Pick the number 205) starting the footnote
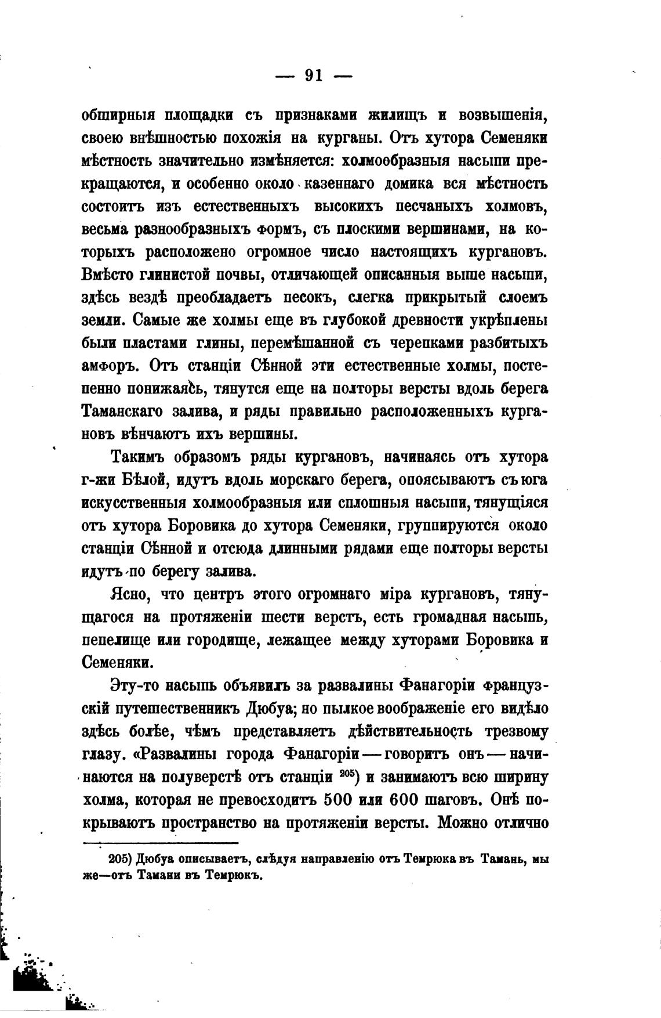(x=121, y=860)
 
